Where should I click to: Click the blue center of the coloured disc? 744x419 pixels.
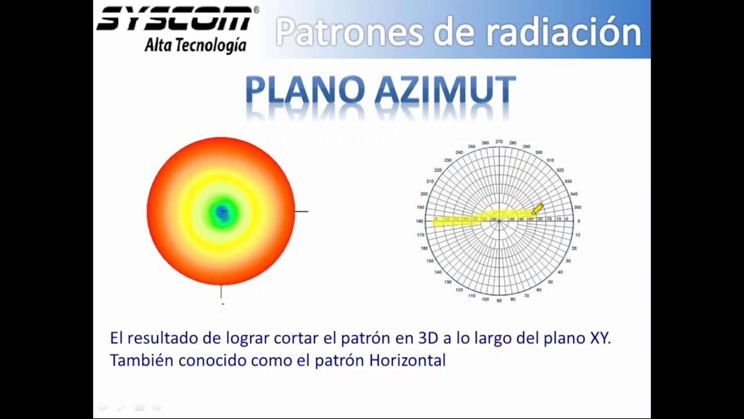221,212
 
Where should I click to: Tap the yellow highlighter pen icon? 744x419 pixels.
537,209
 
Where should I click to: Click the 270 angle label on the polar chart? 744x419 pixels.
499,141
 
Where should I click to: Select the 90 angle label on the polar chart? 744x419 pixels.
499,300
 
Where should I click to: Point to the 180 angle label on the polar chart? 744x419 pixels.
420,221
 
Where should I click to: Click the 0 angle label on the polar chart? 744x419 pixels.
578,221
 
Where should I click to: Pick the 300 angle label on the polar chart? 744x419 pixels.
539,152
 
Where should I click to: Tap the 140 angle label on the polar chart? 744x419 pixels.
438,272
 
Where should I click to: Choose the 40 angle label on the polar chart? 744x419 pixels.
560,272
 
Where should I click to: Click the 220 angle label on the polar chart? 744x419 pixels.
438,171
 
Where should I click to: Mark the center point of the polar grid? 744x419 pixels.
499,221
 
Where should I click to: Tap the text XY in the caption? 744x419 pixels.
599,338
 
